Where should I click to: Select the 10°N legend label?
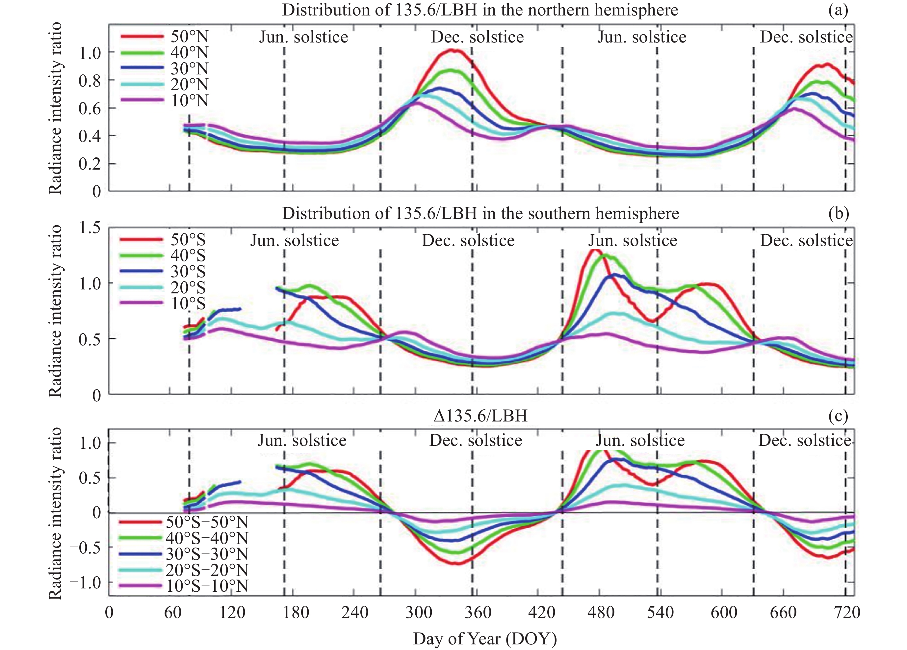pos(190,101)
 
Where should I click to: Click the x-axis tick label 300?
pos(418,613)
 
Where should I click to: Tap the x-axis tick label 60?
pos(173,613)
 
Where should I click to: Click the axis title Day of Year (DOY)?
pos(485,639)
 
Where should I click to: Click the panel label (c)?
pos(838,416)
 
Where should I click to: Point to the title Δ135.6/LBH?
pos(480,416)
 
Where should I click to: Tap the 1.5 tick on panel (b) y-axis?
pos(90,228)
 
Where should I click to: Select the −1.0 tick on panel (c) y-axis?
pos(85,582)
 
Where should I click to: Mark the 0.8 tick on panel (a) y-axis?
pos(90,80)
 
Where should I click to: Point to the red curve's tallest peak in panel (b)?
pos(595,250)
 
